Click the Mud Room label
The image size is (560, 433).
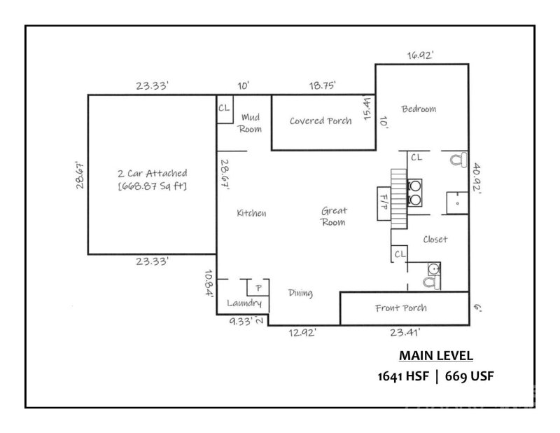pyautogui.click(x=251, y=123)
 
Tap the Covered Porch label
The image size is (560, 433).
pyautogui.click(x=321, y=121)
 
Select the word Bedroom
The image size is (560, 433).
pyautogui.click(x=419, y=109)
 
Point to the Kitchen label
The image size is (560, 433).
pyautogui.click(x=251, y=213)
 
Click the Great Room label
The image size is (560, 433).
pyautogui.click(x=335, y=216)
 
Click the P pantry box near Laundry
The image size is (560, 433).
pyautogui.click(x=258, y=288)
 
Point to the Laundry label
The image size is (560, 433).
pyautogui.click(x=245, y=303)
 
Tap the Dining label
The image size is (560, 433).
pyautogui.click(x=300, y=294)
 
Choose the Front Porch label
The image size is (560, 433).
pyautogui.click(x=401, y=308)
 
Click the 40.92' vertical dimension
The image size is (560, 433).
pyautogui.click(x=477, y=181)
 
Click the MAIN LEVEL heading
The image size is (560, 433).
pyautogui.click(x=435, y=355)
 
